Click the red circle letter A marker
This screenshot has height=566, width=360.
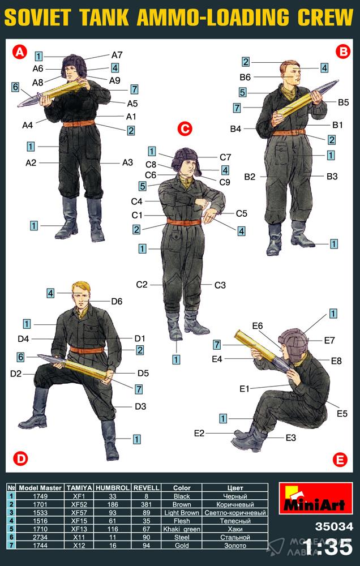19,53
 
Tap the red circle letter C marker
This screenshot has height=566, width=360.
185,129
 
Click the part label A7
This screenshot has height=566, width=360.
117,55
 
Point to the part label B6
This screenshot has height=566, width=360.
245,77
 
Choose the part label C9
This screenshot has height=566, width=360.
225,182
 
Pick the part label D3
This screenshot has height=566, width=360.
140,406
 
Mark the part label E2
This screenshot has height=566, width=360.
199,433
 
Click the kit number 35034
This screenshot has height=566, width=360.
333,526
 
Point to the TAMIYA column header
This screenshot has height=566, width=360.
79,487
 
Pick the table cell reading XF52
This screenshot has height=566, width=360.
79,504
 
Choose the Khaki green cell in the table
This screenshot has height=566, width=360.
182,529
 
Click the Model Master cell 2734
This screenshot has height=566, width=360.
40,538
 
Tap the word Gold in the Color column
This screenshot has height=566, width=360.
182,546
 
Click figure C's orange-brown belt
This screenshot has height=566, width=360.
184,222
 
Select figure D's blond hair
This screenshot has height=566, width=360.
82,288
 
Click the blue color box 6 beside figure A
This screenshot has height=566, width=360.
15,87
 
